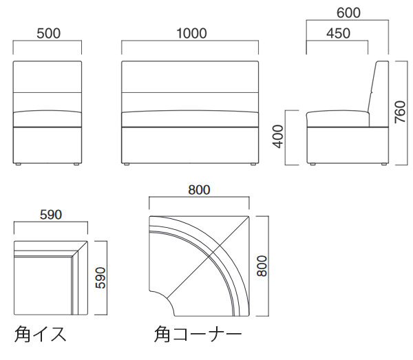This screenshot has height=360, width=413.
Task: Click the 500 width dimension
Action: point(47,33)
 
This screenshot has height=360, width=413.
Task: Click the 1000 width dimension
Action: point(189,33)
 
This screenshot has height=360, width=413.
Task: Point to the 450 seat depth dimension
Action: point(337,33)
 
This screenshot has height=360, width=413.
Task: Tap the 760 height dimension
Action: point(400,111)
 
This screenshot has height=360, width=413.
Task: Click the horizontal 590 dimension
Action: point(50,214)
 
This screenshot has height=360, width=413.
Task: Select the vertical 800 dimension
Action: point(262,264)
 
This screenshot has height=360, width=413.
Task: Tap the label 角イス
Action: point(41,335)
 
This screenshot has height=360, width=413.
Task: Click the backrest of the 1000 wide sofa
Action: point(189,86)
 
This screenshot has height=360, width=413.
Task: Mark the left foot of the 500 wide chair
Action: point(20,165)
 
